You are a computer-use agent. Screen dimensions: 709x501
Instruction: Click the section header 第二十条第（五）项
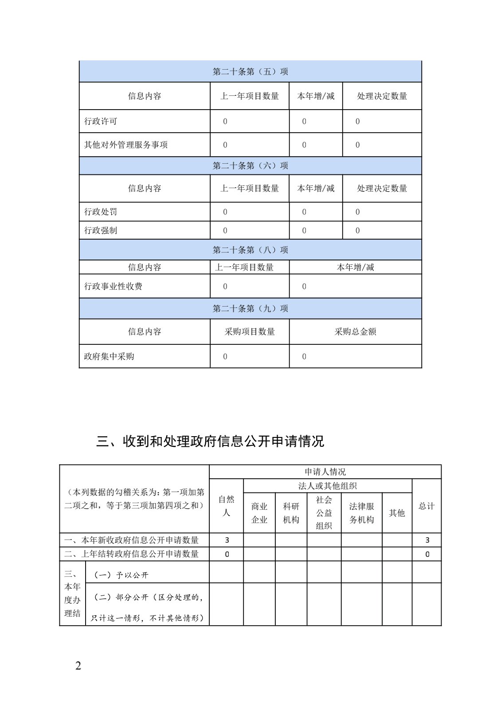(x=250, y=71)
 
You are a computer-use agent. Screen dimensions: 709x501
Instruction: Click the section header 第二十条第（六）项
(x=250, y=165)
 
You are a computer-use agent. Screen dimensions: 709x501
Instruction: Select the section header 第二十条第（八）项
(x=250, y=250)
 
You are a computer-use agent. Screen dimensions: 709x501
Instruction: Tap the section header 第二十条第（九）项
(x=250, y=308)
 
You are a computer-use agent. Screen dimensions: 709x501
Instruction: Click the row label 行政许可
(x=101, y=121)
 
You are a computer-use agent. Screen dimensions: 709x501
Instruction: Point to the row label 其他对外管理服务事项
(x=126, y=145)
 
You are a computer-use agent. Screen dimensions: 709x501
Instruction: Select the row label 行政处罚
(x=101, y=212)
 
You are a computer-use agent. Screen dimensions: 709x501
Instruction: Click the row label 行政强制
(x=101, y=230)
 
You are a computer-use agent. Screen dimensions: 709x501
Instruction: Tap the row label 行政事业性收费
(x=113, y=286)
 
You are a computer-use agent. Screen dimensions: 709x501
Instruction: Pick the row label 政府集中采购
(x=109, y=356)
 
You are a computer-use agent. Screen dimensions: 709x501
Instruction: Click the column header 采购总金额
(x=355, y=331)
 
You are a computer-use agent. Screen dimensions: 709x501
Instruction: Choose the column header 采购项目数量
(x=250, y=331)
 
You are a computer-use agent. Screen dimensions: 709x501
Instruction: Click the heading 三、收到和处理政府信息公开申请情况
(x=210, y=441)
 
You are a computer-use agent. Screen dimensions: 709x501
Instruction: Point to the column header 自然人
(x=226, y=506)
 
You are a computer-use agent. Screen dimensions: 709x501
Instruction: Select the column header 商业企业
(x=259, y=513)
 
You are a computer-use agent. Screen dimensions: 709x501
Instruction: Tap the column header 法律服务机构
(x=361, y=513)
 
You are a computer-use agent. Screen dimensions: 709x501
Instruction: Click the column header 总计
(x=427, y=506)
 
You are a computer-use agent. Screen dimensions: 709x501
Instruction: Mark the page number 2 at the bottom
(x=78, y=666)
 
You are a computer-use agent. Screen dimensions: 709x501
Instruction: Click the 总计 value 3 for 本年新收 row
(x=427, y=540)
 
